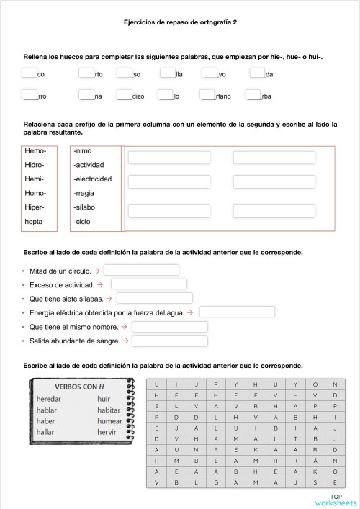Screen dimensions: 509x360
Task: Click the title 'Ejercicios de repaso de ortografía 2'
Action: [180, 22]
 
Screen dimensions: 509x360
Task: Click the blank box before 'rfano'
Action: [208, 94]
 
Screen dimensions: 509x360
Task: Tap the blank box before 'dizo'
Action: [124, 94]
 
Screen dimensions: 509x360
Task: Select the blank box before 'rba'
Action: [253, 94]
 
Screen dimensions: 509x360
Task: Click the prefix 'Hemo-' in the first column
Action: [35, 151]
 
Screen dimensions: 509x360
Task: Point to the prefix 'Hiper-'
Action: [35, 207]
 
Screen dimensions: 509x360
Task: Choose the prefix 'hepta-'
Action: [35, 222]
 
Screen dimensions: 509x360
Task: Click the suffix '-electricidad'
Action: [92, 179]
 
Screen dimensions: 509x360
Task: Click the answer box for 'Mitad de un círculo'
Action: [141, 270]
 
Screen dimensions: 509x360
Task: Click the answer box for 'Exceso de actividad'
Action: [148, 284]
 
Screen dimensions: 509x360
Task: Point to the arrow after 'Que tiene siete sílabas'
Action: [109, 298]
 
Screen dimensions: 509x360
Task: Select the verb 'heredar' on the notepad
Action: [49, 399]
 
